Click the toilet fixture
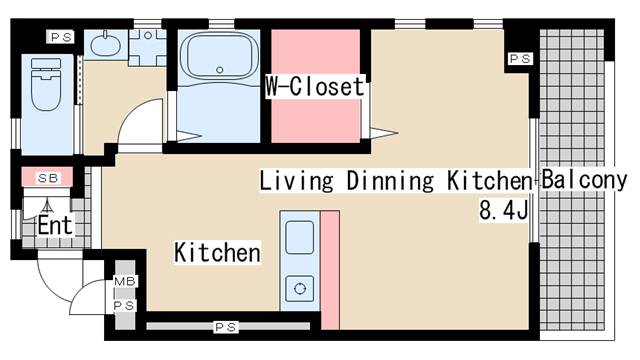[x=46, y=84]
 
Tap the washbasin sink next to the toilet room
[x=104, y=44]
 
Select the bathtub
[x=219, y=56]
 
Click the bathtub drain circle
[x=220, y=70]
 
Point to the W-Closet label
[x=315, y=87]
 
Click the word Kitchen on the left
[x=218, y=252]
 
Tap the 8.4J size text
[x=504, y=211]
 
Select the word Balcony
[x=584, y=180]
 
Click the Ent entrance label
[x=55, y=225]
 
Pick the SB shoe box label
[x=48, y=178]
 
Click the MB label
[x=124, y=281]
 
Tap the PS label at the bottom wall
[x=226, y=327]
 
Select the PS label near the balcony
[x=520, y=59]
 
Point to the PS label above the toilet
[x=61, y=38]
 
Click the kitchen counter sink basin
[x=300, y=237]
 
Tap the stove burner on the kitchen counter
[x=300, y=289]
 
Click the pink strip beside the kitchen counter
[x=330, y=270]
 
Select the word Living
[x=296, y=181]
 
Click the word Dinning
[x=390, y=181]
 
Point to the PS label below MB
[x=124, y=306]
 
